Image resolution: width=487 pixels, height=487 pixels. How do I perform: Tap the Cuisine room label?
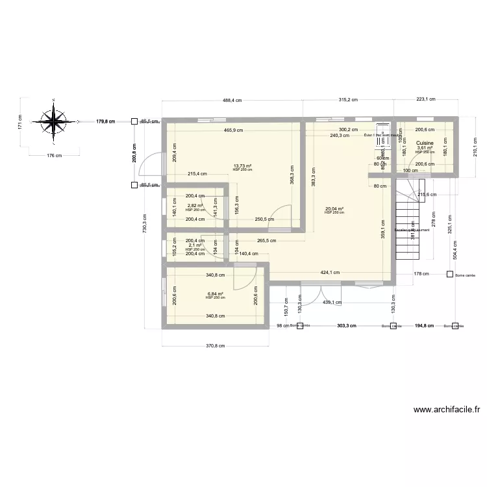425,143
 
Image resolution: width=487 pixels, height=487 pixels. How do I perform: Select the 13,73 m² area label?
242,166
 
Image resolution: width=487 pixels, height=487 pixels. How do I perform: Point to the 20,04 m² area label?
333,208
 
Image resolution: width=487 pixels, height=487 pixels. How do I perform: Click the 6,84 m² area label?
215,293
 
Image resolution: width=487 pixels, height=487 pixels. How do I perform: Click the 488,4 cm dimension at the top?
232,100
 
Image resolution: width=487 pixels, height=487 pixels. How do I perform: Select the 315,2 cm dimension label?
349,100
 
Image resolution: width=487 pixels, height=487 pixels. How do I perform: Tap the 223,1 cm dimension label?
425,100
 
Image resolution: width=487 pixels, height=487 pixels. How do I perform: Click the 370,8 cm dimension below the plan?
214,345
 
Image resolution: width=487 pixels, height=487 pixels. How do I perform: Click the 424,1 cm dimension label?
329,273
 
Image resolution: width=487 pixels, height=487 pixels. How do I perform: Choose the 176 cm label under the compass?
54,155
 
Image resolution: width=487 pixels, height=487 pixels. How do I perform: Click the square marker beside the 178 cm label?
449,274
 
